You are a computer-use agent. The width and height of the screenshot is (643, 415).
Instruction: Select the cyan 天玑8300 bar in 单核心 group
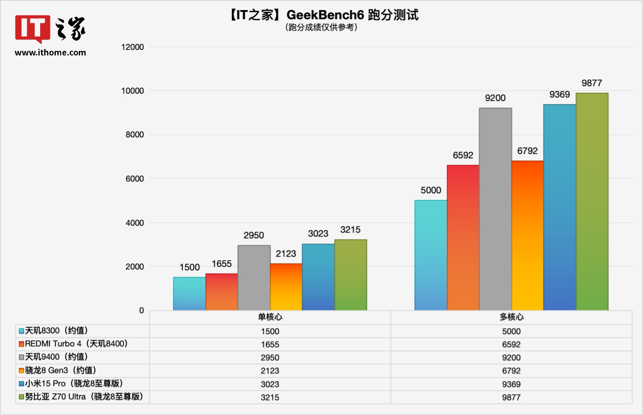[189, 294]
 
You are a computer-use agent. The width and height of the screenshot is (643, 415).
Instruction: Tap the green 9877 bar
[592, 202]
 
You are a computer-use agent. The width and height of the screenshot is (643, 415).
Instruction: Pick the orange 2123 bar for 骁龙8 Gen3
[286, 287]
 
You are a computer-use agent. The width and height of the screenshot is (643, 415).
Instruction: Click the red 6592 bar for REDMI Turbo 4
[463, 237]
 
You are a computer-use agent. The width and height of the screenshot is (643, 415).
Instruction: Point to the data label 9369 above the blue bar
[559, 95]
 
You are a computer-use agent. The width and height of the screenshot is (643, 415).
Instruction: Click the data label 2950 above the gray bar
[254, 236]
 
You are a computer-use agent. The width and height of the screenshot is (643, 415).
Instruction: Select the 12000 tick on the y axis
[133, 47]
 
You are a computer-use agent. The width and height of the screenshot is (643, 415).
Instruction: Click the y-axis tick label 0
[142, 311]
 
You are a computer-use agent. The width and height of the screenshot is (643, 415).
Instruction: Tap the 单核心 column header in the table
[270, 317]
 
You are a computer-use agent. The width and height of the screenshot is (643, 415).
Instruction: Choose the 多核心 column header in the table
[511, 317]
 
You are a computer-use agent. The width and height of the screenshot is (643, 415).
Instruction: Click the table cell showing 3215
[270, 398]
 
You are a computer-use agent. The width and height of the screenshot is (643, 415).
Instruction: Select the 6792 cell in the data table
[511, 371]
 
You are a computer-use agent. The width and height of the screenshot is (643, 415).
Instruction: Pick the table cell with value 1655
[270, 344]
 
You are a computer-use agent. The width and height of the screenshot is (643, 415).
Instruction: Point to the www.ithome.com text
[50, 53]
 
